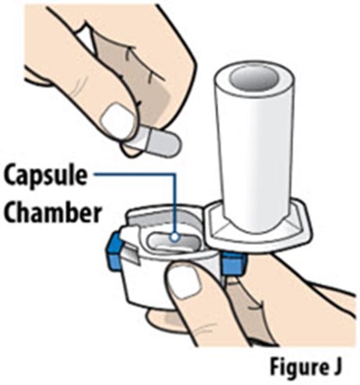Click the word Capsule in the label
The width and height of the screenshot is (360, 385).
(46, 177)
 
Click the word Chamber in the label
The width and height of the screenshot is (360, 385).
(52, 212)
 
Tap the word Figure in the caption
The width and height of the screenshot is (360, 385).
(292, 366)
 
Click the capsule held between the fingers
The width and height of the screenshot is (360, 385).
(154, 141)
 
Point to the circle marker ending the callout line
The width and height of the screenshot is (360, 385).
(174, 237)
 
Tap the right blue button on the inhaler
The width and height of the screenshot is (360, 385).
(233, 263)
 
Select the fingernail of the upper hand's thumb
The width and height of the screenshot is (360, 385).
(116, 121)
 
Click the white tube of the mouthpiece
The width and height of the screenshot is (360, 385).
(255, 144)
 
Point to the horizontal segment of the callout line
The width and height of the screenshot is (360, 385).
(134, 174)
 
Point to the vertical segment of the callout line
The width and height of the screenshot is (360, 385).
(174, 203)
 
